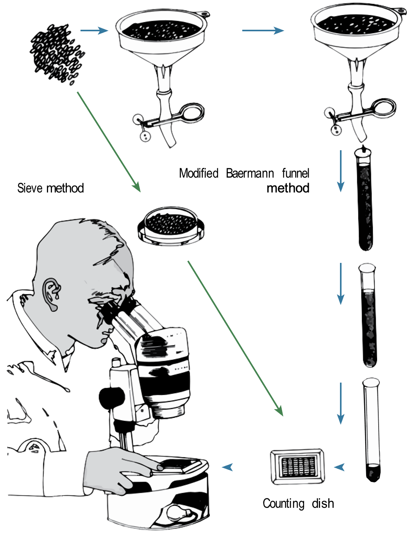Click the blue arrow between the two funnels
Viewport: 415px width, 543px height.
263,31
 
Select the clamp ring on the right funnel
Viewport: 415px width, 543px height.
384,108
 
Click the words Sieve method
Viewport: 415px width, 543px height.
50,188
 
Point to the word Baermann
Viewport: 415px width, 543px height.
250,173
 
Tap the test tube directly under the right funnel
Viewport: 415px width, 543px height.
365,200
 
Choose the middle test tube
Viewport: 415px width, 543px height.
368,315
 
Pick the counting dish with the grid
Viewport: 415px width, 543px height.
297,466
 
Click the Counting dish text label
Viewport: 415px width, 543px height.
298,503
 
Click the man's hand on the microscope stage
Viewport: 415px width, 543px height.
117,467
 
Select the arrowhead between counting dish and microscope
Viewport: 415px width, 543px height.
227,467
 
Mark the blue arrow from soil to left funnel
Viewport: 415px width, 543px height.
94,31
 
